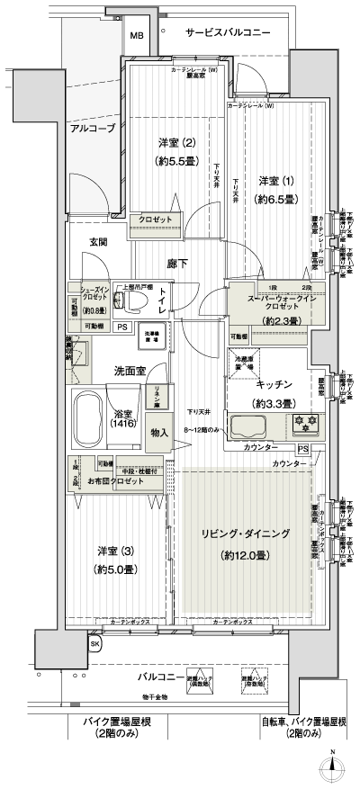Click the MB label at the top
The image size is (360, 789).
pyautogui.click(x=136, y=36)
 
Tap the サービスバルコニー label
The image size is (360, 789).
pyautogui.click(x=228, y=32)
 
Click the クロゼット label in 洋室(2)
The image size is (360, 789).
pyautogui.click(x=156, y=219)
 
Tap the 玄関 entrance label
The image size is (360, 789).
pyautogui.click(x=99, y=242)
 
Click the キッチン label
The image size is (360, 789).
pyautogui.click(x=271, y=383)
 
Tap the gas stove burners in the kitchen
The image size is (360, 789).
pyautogui.click(x=303, y=424)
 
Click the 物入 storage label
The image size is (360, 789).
pyautogui.click(x=159, y=432)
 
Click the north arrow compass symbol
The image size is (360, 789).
pyautogui.click(x=332, y=764)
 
